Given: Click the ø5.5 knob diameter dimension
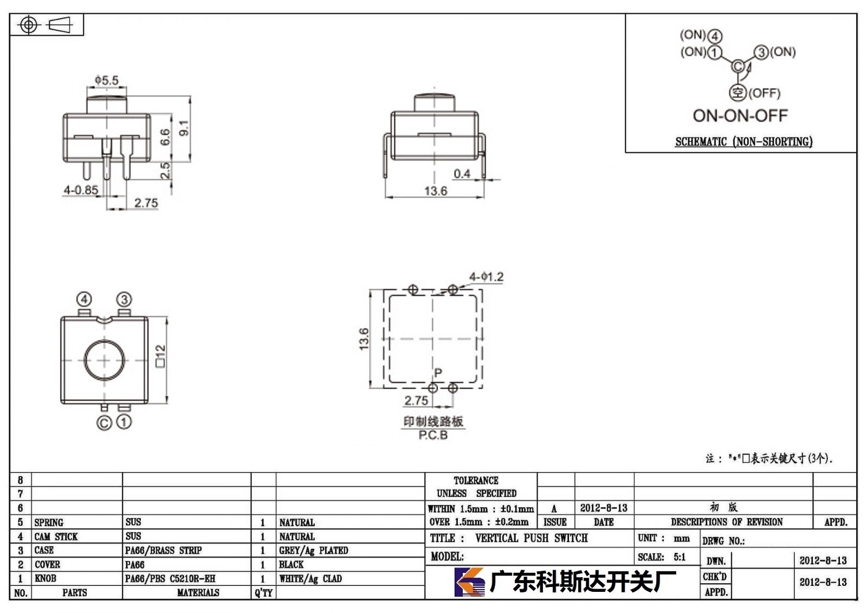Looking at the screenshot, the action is coord(106,80).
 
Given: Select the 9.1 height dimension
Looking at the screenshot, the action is coord(184,128).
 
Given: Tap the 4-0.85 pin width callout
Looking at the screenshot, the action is coord(81,190).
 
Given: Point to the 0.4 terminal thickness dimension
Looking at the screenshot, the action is coord(462,173).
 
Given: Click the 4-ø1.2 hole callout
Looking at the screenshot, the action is coord(486,277).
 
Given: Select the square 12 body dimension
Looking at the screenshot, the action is coord(160,356).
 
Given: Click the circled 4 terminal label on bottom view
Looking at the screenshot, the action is coord(85,299).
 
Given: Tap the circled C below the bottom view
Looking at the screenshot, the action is coord(103,423).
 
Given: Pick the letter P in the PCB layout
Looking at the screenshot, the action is coord(438,372).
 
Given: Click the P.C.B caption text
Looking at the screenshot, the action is coord(433,435).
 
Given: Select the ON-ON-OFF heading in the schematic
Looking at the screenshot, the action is coord(740,116).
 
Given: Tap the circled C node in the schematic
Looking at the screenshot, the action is coord(737,66).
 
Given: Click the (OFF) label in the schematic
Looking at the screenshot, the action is coord(765,93).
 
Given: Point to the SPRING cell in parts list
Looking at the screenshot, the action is coord(49,522).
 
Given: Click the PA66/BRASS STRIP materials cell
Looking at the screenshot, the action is coord(163,550).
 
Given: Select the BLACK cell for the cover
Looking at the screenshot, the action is coord(291,564).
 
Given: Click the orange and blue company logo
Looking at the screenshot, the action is coord(469,582).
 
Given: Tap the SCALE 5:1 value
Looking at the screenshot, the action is coord(680,557).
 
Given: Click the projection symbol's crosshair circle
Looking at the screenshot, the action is coord(29,25).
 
